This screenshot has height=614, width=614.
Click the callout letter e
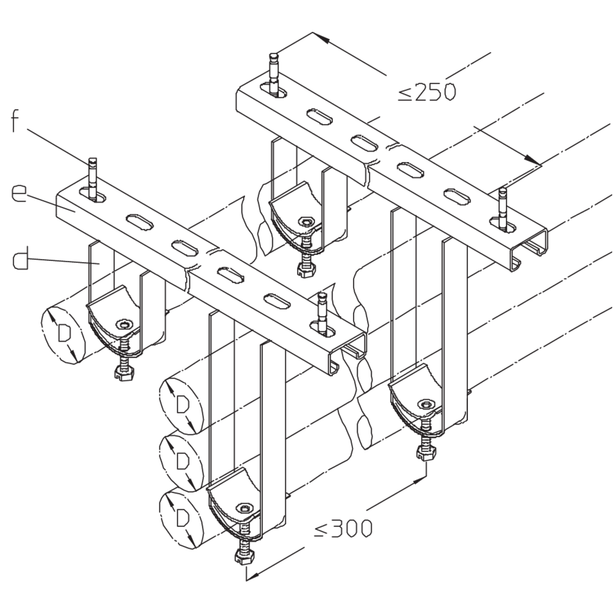19,193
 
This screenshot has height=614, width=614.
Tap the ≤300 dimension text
343,529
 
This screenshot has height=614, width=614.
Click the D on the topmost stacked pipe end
182,405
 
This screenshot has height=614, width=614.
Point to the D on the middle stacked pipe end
182,460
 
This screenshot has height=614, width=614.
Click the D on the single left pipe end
64,333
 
